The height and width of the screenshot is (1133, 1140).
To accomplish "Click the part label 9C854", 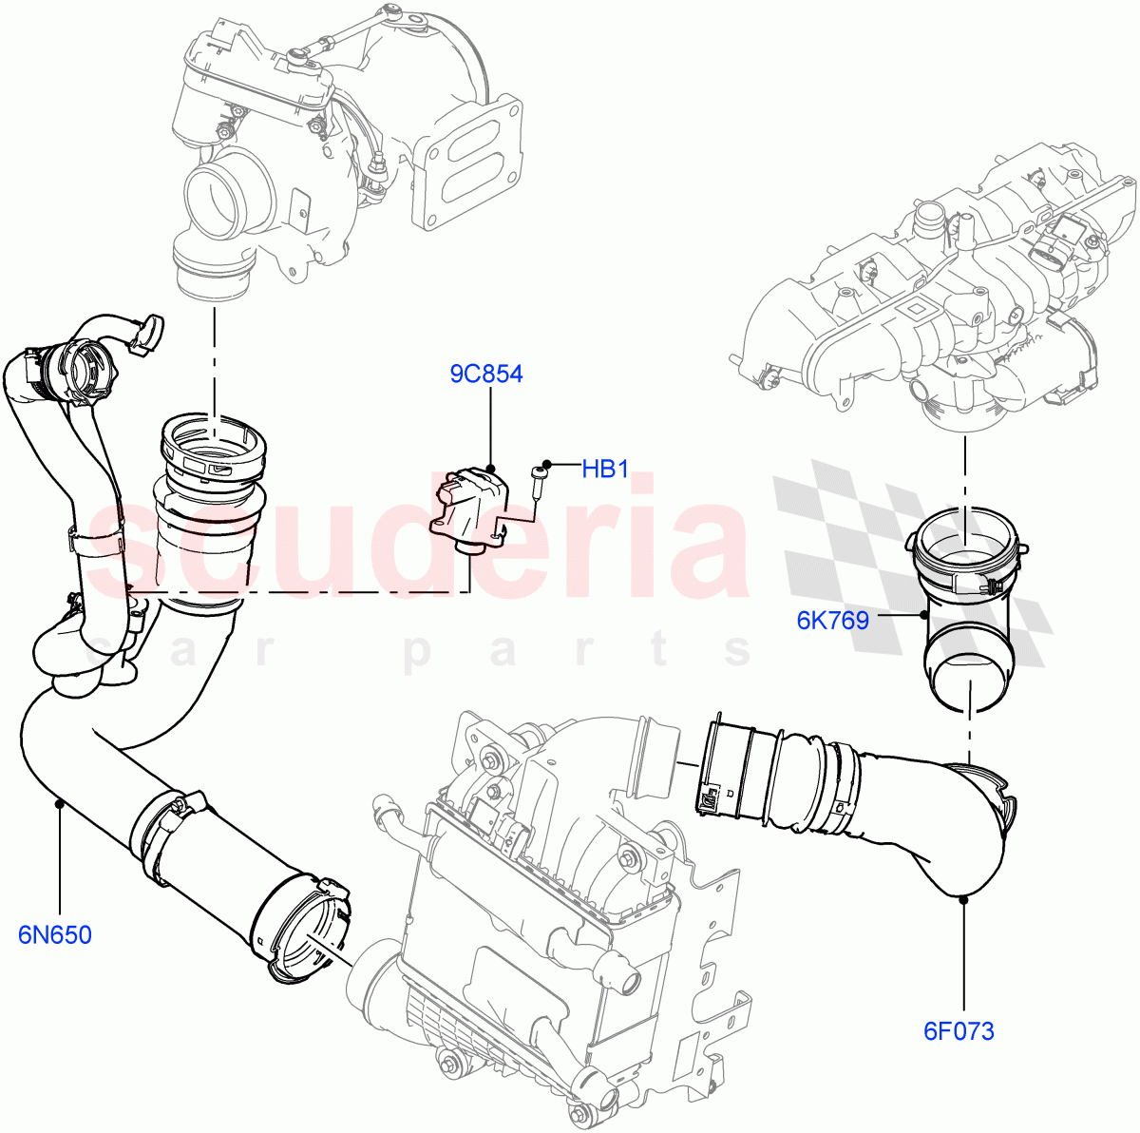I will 485,374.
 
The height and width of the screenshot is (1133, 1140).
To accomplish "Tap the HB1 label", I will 605,470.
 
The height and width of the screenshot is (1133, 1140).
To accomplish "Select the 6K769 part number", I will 832,622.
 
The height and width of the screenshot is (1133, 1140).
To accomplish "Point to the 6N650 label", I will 55,935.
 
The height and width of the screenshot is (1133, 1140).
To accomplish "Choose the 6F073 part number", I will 959,1031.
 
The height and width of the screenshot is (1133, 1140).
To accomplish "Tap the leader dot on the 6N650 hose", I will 59,804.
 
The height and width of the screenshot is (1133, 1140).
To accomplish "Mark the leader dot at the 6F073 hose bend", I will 962,896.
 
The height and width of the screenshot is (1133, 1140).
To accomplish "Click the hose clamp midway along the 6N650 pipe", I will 171,827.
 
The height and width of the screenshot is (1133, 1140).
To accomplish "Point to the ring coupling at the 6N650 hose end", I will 299,927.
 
